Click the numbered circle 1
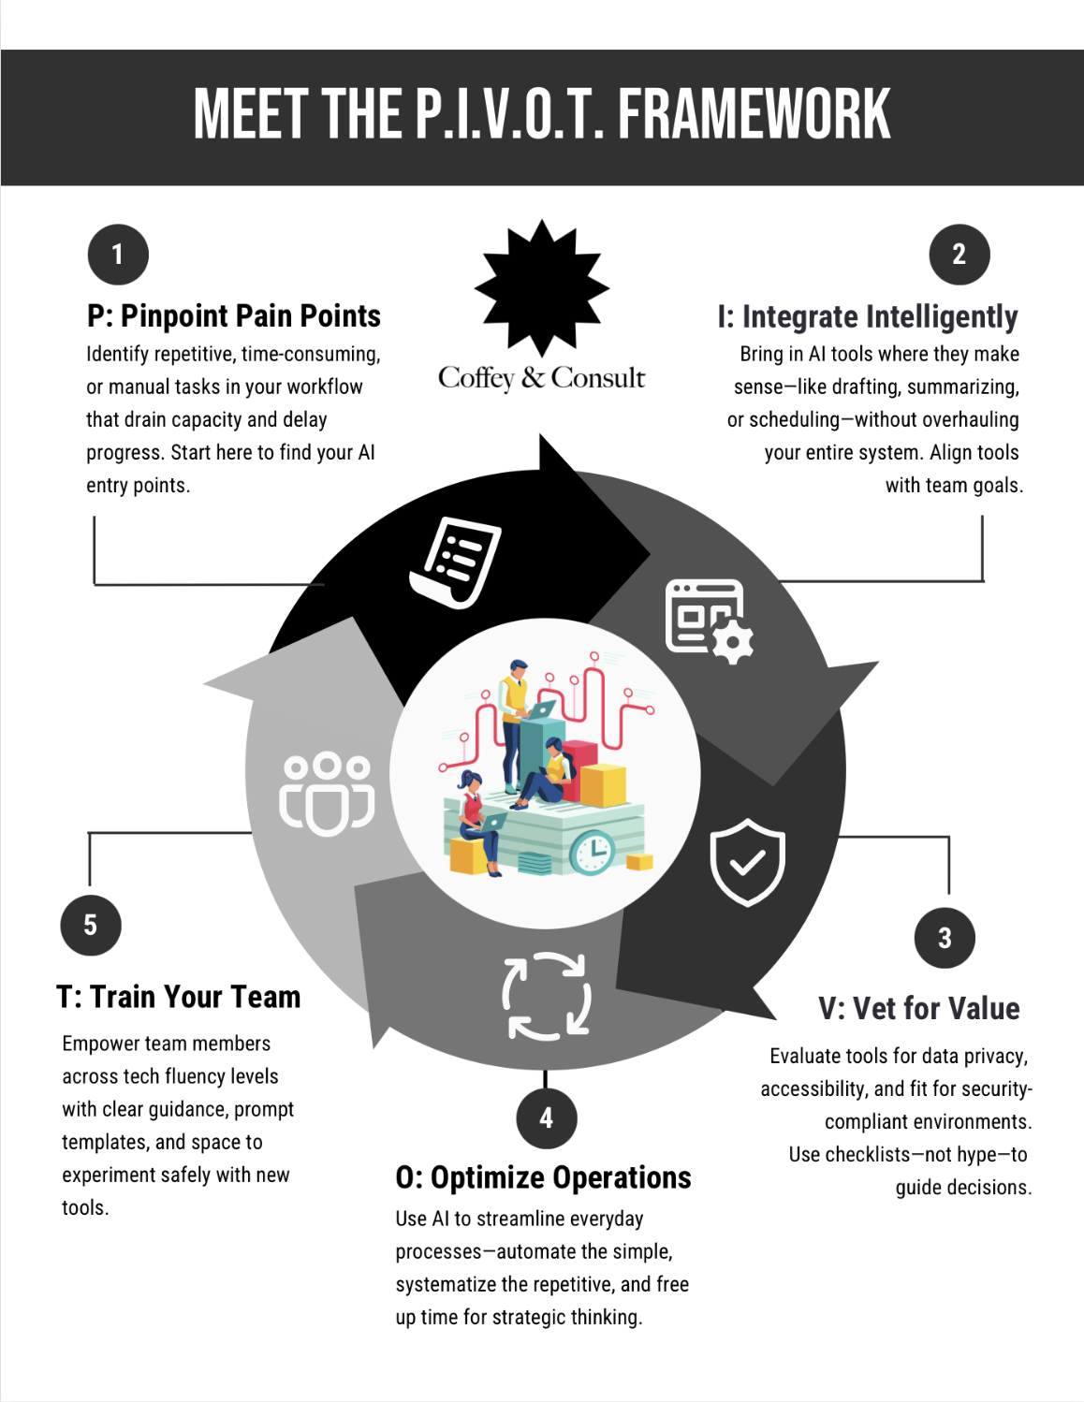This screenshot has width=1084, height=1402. tap(118, 255)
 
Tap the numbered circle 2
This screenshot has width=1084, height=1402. tap(959, 255)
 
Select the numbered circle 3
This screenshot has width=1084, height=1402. tap(945, 938)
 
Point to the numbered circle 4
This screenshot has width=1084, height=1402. tap(546, 1117)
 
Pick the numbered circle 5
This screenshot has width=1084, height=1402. tap(91, 925)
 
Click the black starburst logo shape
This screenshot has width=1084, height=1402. tap(542, 288)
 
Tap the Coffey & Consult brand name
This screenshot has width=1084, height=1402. tap(541, 378)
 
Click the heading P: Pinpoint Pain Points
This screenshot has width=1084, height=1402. tap(234, 316)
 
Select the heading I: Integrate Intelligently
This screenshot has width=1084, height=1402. tap(868, 317)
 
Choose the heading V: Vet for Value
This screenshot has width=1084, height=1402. tap(918, 1008)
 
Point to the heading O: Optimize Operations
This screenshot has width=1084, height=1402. tap(543, 1177)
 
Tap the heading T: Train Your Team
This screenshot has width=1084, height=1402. tap(179, 997)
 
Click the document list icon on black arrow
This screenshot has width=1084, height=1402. tap(456, 562)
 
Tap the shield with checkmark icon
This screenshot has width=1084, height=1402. tap(747, 862)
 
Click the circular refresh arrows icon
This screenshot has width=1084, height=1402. tap(547, 997)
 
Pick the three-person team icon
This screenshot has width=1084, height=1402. tap(327, 793)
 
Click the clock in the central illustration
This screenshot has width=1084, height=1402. tap(593, 852)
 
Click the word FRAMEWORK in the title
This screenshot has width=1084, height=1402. tap(754, 115)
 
